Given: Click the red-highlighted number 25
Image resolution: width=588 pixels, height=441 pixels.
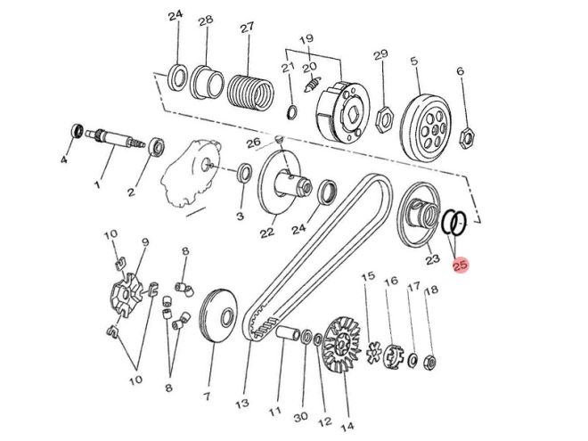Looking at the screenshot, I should (461, 265).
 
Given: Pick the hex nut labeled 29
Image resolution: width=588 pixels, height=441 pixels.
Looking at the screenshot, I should (384, 116).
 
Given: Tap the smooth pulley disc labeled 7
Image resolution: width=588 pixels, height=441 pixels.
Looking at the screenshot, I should (217, 314).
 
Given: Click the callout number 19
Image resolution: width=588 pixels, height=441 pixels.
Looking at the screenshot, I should (306, 39).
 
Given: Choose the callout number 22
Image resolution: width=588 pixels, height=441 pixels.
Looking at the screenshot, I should (265, 233).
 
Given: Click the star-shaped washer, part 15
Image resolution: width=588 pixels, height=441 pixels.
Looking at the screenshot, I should (378, 348).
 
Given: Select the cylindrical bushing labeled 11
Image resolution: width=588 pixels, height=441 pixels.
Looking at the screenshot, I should (287, 335).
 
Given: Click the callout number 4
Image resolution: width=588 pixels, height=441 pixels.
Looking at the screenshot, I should (63, 160).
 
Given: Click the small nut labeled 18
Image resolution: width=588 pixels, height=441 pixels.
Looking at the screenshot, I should (429, 361).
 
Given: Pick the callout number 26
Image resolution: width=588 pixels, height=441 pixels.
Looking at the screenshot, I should (254, 143).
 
